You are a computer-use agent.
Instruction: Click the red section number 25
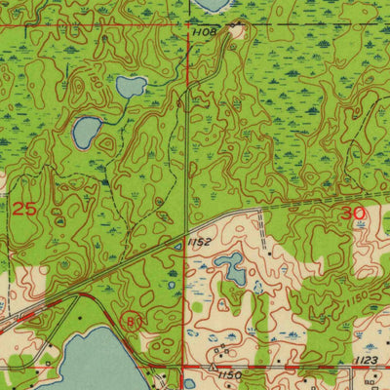point(24,209)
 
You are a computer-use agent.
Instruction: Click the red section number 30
point(352,212)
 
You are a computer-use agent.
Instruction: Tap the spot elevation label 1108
point(203,32)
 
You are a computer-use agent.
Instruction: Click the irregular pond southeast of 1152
point(232,266)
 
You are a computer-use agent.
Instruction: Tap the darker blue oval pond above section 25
point(87,129)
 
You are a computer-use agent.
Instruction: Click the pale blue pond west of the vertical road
point(132,87)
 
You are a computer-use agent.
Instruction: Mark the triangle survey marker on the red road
point(217,367)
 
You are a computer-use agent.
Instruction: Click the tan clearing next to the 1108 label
point(236,31)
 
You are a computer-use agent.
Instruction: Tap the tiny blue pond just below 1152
point(177,248)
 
